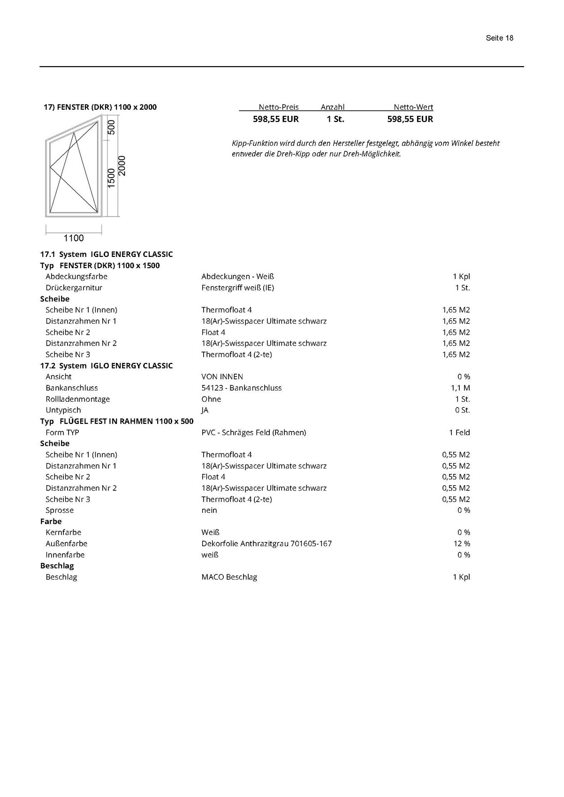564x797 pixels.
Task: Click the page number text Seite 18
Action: pyautogui.click(x=499, y=38)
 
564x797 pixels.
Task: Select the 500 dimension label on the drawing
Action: pyautogui.click(x=112, y=128)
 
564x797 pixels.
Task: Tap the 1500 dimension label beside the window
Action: pyautogui.click(x=112, y=178)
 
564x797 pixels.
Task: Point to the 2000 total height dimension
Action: pyautogui.click(x=122, y=166)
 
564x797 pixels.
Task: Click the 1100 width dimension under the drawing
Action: pyautogui.click(x=74, y=238)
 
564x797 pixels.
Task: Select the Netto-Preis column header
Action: pyautogui.click(x=278, y=107)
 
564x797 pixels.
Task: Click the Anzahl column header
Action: pyautogui.click(x=332, y=107)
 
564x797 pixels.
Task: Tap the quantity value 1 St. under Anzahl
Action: pyautogui.click(x=335, y=119)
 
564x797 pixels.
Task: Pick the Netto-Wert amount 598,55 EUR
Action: pyautogui.click(x=410, y=119)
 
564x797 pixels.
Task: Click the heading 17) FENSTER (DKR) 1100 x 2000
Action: pyautogui.click(x=100, y=107)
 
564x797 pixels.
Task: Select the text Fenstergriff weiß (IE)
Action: pyautogui.click(x=237, y=287)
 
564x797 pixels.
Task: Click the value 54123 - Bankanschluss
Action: pyautogui.click(x=241, y=388)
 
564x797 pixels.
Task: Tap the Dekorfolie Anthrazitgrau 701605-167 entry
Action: pyautogui.click(x=266, y=543)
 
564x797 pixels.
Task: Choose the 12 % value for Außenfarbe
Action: pyautogui.click(x=462, y=543)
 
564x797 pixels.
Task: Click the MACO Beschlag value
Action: pyautogui.click(x=229, y=577)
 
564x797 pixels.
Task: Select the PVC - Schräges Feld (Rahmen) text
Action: pyautogui.click(x=253, y=432)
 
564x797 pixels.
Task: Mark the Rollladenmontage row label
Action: pyautogui.click(x=77, y=399)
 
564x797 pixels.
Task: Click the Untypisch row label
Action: pyautogui.click(x=63, y=410)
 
